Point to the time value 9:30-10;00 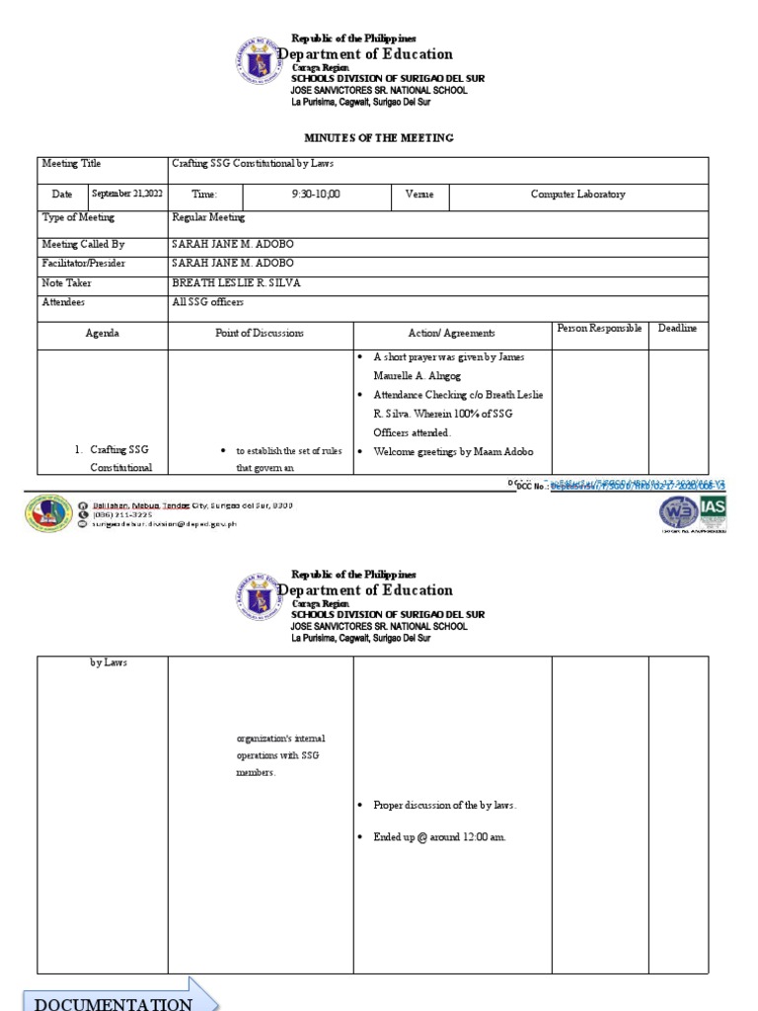(315, 194)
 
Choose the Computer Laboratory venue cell (577, 194)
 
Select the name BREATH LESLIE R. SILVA (236, 283)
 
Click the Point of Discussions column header (261, 334)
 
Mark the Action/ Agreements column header (451, 334)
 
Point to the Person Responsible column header (599, 328)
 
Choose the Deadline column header (677, 328)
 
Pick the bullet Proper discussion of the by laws (445, 806)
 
